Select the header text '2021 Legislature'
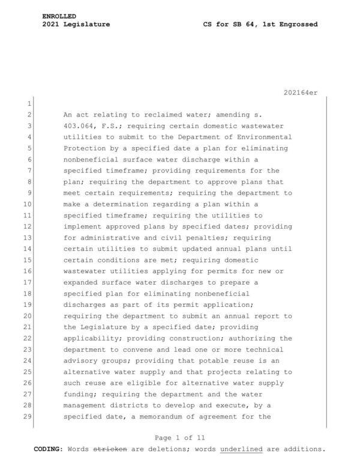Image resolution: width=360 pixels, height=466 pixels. pos(76,25)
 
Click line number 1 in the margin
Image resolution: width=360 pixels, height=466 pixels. pos(28,103)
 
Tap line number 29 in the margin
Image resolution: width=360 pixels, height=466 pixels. pos(27,416)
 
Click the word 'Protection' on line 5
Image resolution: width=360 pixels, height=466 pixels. pos(85,148)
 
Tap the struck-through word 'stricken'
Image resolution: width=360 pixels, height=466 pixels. pos(110,449)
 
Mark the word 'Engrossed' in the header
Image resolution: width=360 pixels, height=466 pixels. pos(295,25)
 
